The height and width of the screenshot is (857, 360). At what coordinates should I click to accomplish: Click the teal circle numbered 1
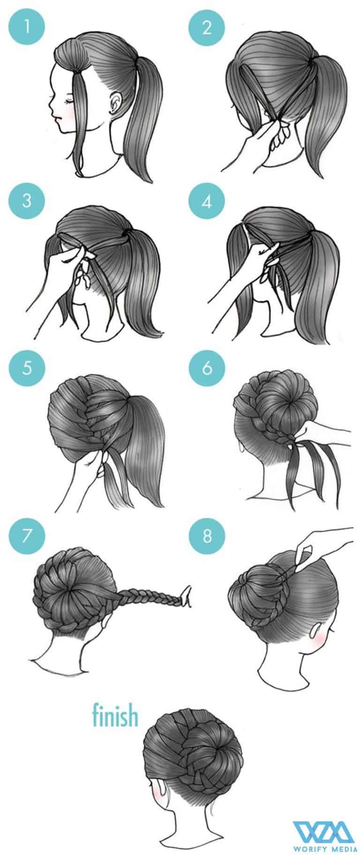click(x=27, y=27)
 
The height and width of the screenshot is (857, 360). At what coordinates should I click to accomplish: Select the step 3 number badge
click(x=27, y=201)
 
